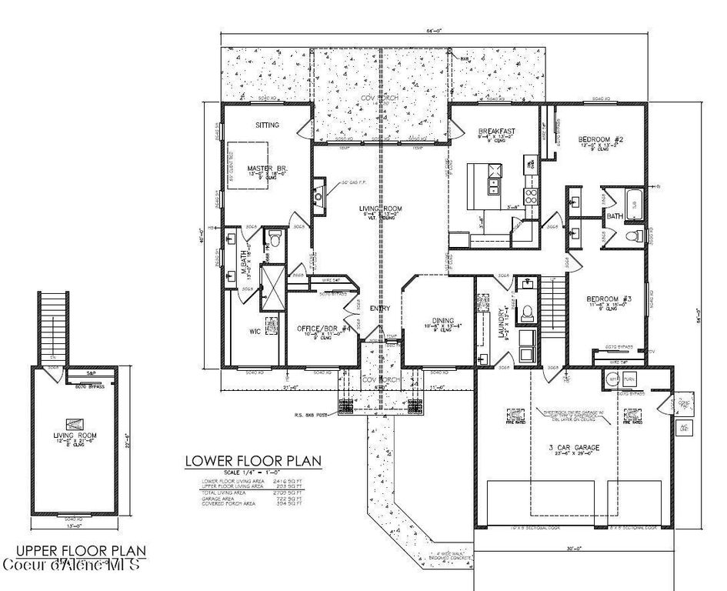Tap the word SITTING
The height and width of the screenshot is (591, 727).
[267, 125]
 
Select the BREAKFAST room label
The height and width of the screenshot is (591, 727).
[495, 131]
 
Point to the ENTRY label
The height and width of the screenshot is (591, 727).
[379, 309]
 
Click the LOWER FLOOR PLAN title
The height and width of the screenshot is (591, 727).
[253, 461]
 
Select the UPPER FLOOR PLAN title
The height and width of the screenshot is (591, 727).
[81, 551]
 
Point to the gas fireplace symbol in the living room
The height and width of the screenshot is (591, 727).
[318, 195]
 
